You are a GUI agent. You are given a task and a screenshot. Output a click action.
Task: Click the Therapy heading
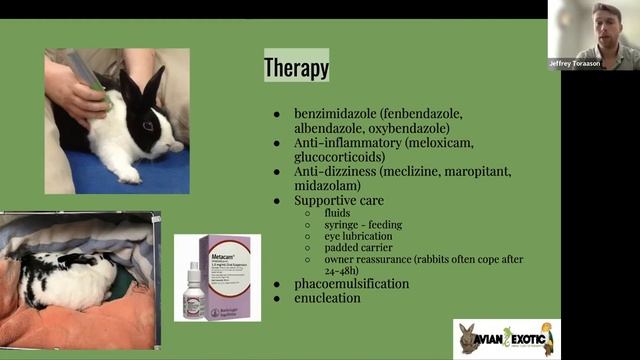tap(296, 67)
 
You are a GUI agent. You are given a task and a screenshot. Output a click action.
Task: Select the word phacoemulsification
tap(351, 283)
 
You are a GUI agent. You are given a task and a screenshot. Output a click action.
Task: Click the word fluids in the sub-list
tap(338, 213)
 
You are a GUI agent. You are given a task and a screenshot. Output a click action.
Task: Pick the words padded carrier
tap(356, 246)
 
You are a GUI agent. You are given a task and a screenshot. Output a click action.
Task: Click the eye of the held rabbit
tap(148, 126)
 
